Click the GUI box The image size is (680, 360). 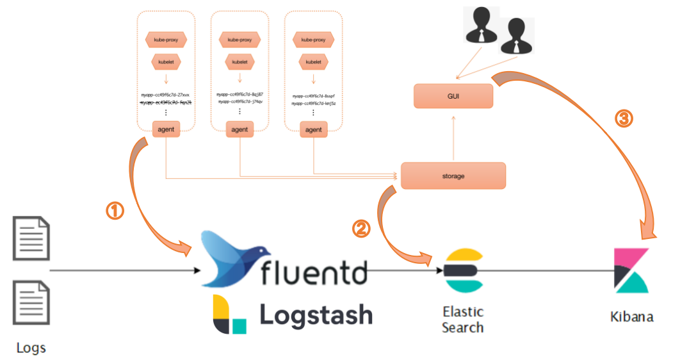[x=453, y=96]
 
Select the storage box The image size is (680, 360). [x=453, y=176]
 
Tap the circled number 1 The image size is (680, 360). [x=115, y=211]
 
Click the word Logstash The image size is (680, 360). [x=316, y=315]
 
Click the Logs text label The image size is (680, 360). [x=31, y=348]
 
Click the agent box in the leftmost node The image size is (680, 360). [x=166, y=129]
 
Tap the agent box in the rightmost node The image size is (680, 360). [x=313, y=129]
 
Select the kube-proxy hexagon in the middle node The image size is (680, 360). [x=239, y=40]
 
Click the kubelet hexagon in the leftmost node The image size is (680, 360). [x=166, y=62]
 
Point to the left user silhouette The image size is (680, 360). [x=481, y=27]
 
